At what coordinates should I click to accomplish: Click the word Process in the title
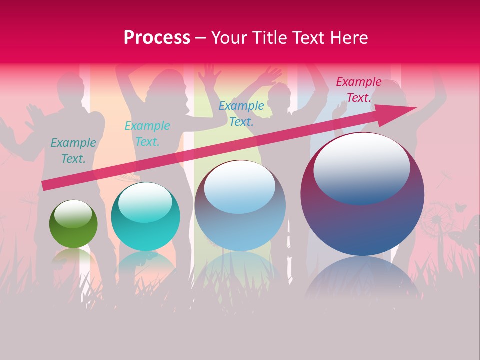[157, 38]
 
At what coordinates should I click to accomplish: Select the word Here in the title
[348, 38]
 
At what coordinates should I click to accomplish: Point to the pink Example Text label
[358, 90]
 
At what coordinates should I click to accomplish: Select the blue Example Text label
[241, 113]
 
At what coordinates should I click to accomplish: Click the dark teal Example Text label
[73, 150]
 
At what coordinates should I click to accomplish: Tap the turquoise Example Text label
[147, 133]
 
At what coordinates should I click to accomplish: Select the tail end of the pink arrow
[47, 185]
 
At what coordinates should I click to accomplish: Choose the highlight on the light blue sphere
[240, 187]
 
